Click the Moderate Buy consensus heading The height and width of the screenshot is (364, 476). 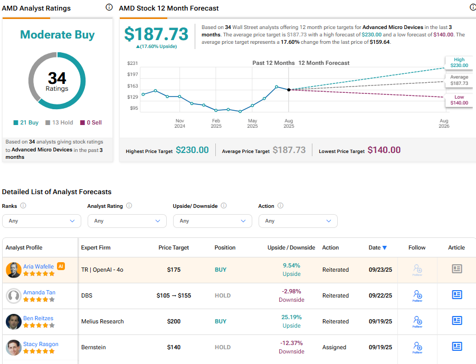[57, 35]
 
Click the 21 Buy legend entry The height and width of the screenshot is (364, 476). [26, 122]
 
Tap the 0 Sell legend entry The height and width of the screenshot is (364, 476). [90, 122]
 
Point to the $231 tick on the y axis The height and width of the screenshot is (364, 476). [132, 63]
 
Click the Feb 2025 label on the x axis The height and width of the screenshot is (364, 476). [216, 123]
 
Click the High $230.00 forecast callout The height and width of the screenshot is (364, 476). [459, 63]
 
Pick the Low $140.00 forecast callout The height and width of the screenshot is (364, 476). [459, 100]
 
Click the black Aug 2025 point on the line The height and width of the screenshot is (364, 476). [289, 90]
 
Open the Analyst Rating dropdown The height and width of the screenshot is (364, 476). [127, 221]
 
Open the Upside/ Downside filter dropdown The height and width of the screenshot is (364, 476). [213, 221]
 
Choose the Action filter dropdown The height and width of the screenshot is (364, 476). [298, 221]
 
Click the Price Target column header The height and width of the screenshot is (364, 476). [174, 247]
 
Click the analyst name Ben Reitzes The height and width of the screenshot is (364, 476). [38, 318]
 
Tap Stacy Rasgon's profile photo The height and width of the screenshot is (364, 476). [14, 347]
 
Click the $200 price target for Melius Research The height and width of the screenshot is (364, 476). [174, 321]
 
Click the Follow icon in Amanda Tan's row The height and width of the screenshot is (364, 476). [417, 295]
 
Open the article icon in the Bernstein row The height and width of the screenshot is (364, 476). [457, 347]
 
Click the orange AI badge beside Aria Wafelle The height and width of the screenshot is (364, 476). [61, 266]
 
